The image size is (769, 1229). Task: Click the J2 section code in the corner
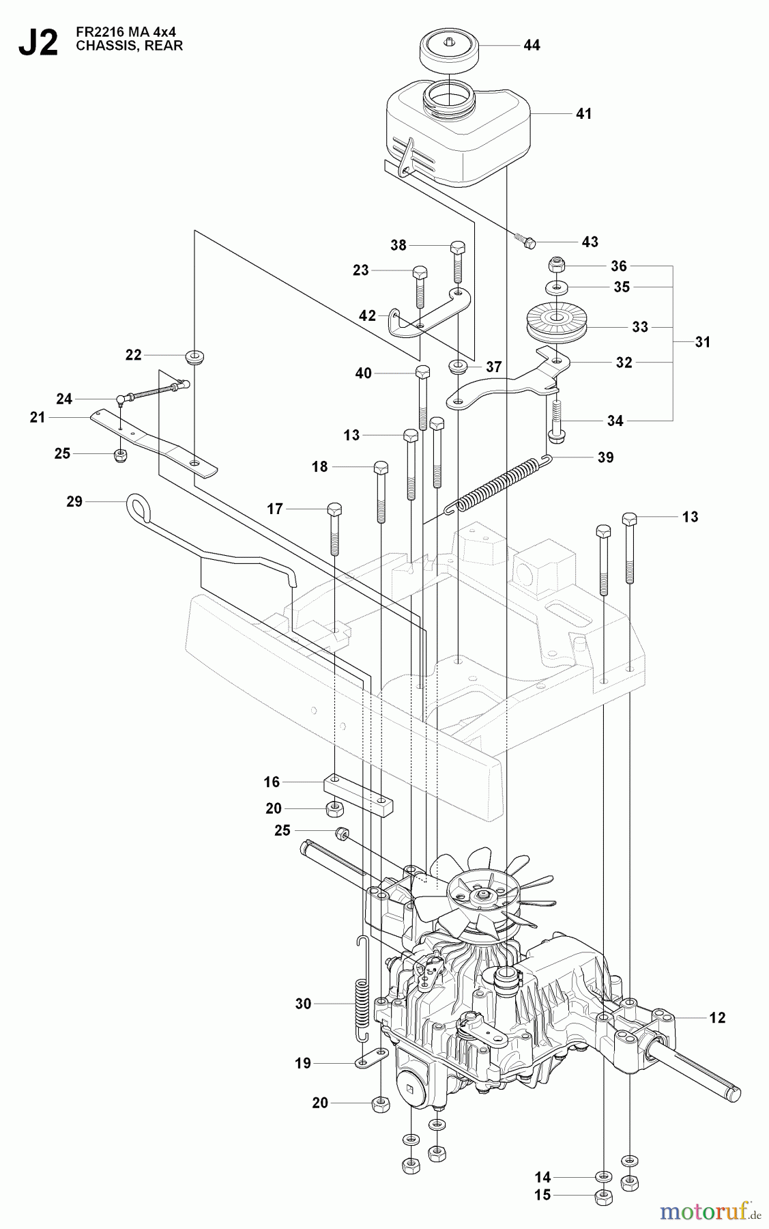pos(38,43)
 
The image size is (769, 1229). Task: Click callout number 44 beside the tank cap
pos(532,45)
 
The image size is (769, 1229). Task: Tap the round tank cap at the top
pos(448,52)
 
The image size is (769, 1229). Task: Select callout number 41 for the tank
pos(583,113)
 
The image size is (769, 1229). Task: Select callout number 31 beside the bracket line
pos(702,342)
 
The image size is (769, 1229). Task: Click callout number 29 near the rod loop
pos(74,501)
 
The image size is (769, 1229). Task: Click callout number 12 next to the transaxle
pos(717,1017)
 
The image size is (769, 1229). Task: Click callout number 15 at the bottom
pos(542,1195)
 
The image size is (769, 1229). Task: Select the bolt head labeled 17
pos(334,509)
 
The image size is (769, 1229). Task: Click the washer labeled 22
pos(196,356)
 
